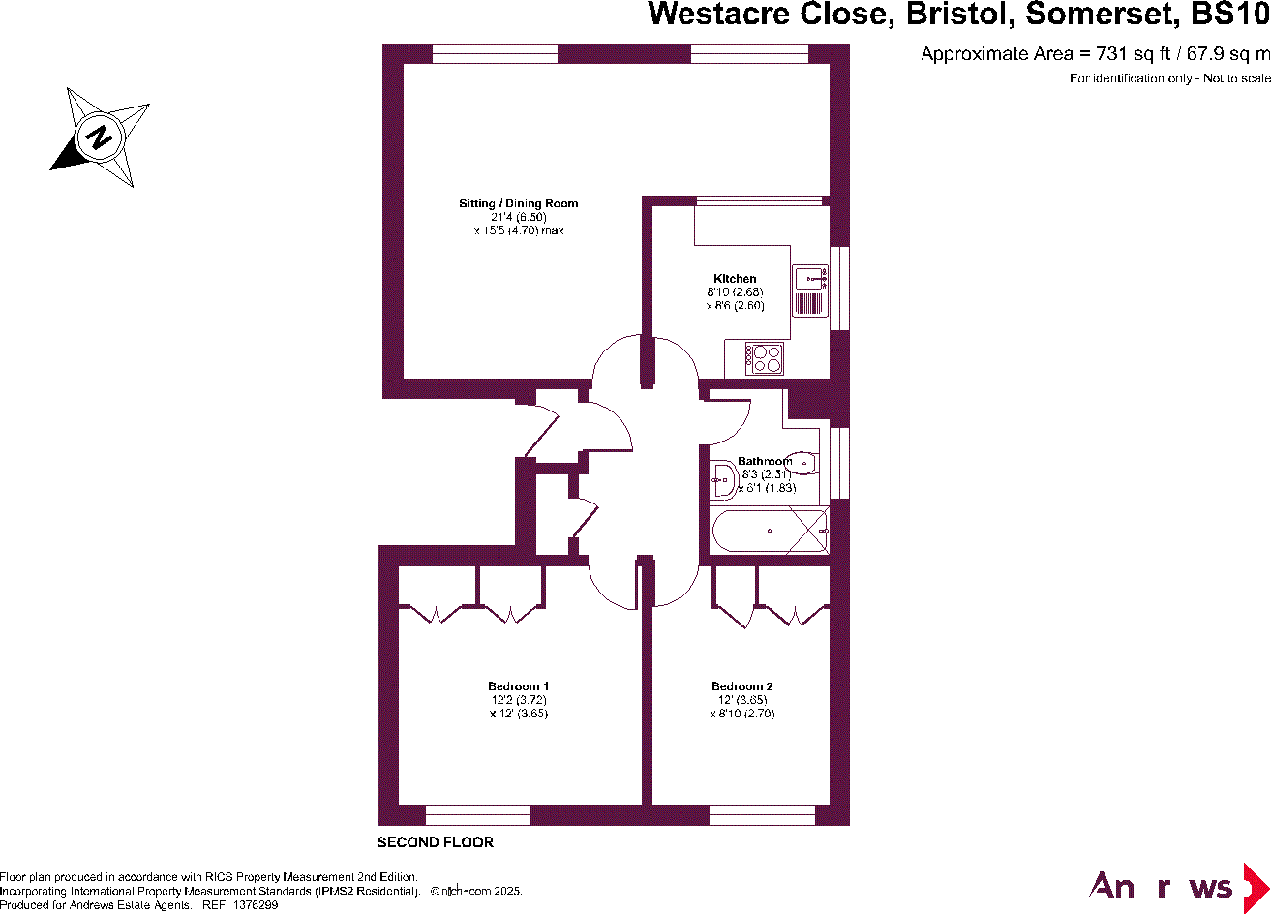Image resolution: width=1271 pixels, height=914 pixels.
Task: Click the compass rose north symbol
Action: [x=99, y=137]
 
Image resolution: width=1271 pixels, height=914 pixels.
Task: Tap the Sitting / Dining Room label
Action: [x=518, y=203]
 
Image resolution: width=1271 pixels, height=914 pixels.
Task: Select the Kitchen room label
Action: [x=735, y=279]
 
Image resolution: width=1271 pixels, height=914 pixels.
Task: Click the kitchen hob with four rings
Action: [x=764, y=359]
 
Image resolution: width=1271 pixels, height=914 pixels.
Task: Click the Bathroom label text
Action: [x=764, y=461]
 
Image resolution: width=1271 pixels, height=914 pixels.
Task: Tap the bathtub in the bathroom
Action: [x=770, y=531]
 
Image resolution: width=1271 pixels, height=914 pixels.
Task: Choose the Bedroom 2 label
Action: [x=741, y=686]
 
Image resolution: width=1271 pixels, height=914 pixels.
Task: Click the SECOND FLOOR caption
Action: [x=435, y=842]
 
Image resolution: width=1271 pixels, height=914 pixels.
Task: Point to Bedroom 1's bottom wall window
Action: [x=478, y=814]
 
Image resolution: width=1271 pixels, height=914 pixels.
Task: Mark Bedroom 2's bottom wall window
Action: [x=762, y=814]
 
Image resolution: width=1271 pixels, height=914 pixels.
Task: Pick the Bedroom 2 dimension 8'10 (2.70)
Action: [x=741, y=714]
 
